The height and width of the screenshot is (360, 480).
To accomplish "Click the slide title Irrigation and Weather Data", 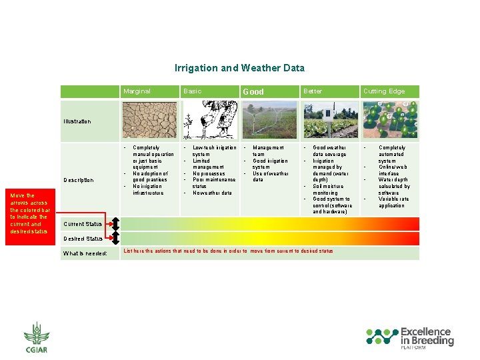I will [x=239, y=68].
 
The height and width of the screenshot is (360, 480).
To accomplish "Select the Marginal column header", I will [x=137, y=91].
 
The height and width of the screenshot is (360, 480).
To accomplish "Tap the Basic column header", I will [x=192, y=91].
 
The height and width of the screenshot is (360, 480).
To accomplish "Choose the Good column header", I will [x=253, y=92].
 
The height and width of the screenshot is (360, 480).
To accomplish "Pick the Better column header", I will [x=313, y=91].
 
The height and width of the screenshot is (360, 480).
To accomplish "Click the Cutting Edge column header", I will [x=384, y=91].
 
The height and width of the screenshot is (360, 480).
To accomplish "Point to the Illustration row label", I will [x=77, y=121].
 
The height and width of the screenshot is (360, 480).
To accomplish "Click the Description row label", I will [x=78, y=180].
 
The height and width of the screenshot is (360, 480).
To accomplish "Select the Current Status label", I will [x=83, y=224].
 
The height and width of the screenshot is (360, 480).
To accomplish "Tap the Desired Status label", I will [x=83, y=239].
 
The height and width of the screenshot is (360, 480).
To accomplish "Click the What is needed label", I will [x=85, y=253].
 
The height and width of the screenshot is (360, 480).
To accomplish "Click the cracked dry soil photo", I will [x=151, y=119].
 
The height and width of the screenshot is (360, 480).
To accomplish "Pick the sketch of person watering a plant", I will [x=209, y=119].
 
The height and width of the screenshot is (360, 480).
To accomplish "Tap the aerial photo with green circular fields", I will [x=390, y=119].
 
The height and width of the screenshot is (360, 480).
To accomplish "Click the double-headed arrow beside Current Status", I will [x=115, y=224].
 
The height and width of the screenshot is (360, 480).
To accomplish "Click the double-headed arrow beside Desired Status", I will [x=115, y=238].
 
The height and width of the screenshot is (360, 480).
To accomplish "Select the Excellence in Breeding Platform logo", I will [x=411, y=338].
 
